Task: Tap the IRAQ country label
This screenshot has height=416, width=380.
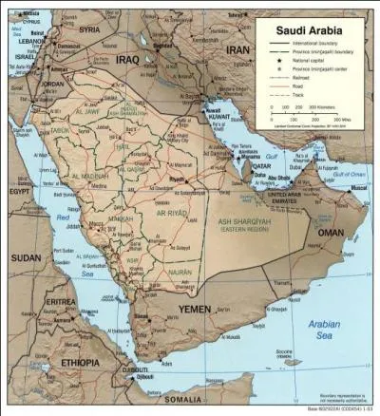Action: pyautogui.click(x=126, y=59)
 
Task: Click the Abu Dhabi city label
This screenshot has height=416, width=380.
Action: pyautogui.click(x=282, y=178)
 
